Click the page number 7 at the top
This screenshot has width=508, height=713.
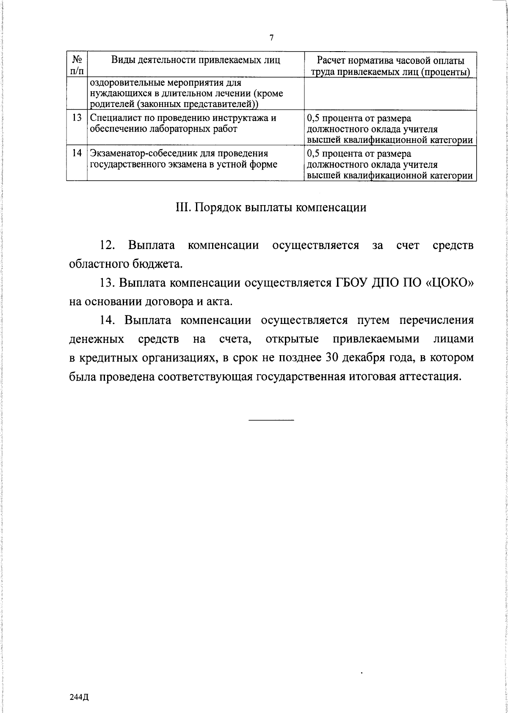tap(272, 38)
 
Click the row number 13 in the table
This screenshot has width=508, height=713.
tap(77, 118)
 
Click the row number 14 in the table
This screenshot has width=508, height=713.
tap(77, 153)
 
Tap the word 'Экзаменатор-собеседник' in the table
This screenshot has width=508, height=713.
tap(146, 153)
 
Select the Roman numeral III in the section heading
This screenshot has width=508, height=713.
tap(182, 208)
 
